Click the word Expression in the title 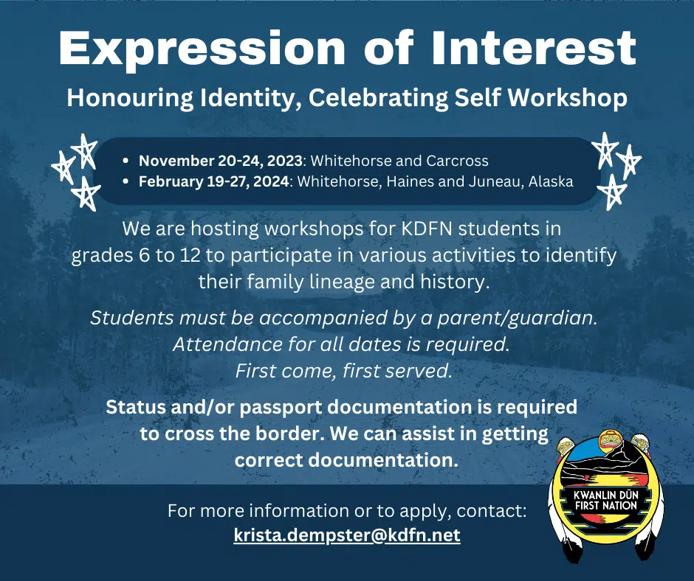coord(202,49)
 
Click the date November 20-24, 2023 coord(221,161)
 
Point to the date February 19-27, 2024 coord(214,181)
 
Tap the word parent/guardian coord(518,319)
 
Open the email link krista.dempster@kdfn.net coord(347,535)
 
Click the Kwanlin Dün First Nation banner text coord(605,501)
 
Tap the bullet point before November coord(126,161)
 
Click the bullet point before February coord(126,181)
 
